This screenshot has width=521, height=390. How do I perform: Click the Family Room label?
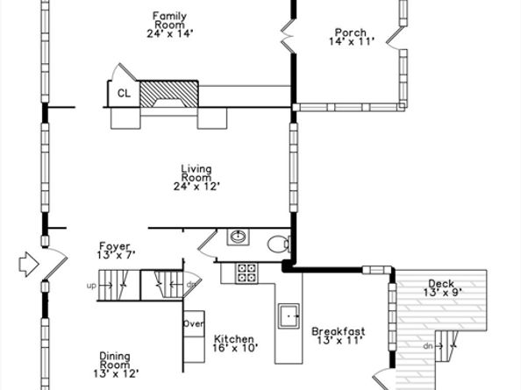(170, 25)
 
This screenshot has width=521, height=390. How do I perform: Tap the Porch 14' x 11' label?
(352, 37)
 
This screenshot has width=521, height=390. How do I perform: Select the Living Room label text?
(196, 178)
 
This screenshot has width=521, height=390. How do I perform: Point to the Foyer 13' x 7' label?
(115, 251)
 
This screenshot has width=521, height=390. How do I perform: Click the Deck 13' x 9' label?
(442, 287)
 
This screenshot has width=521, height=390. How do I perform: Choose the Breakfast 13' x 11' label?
(339, 336)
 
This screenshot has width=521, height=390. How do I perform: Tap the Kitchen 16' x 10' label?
(235, 344)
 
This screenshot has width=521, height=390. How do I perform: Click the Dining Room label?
(115, 365)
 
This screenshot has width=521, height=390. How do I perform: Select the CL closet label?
(124, 94)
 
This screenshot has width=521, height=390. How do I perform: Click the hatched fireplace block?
(169, 94)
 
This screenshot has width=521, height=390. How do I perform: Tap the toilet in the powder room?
(278, 245)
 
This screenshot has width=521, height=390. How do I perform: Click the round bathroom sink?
(239, 237)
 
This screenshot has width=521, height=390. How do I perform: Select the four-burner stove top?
(246, 273)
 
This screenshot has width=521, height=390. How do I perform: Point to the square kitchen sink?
(289, 316)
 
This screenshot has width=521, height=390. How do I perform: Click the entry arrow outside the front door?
(29, 264)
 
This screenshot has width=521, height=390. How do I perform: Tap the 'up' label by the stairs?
(91, 286)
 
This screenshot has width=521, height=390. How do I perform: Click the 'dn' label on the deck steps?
(428, 346)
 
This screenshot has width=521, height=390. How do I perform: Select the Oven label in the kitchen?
(194, 323)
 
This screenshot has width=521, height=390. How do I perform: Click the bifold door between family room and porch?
(288, 36)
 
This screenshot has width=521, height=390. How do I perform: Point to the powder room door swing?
(207, 245)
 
